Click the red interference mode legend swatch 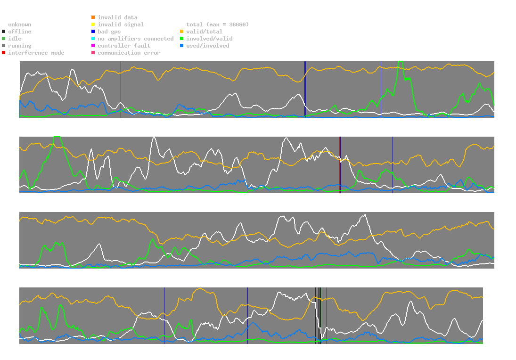point(4,53)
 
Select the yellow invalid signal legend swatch point(93,25)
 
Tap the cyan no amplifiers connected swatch point(93,39)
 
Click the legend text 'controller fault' point(124,46)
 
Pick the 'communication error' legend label point(129,53)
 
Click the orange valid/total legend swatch point(182,32)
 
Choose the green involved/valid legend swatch point(182,39)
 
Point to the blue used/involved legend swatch point(182,46)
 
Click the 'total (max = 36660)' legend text point(217,25)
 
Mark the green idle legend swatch point(4,39)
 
